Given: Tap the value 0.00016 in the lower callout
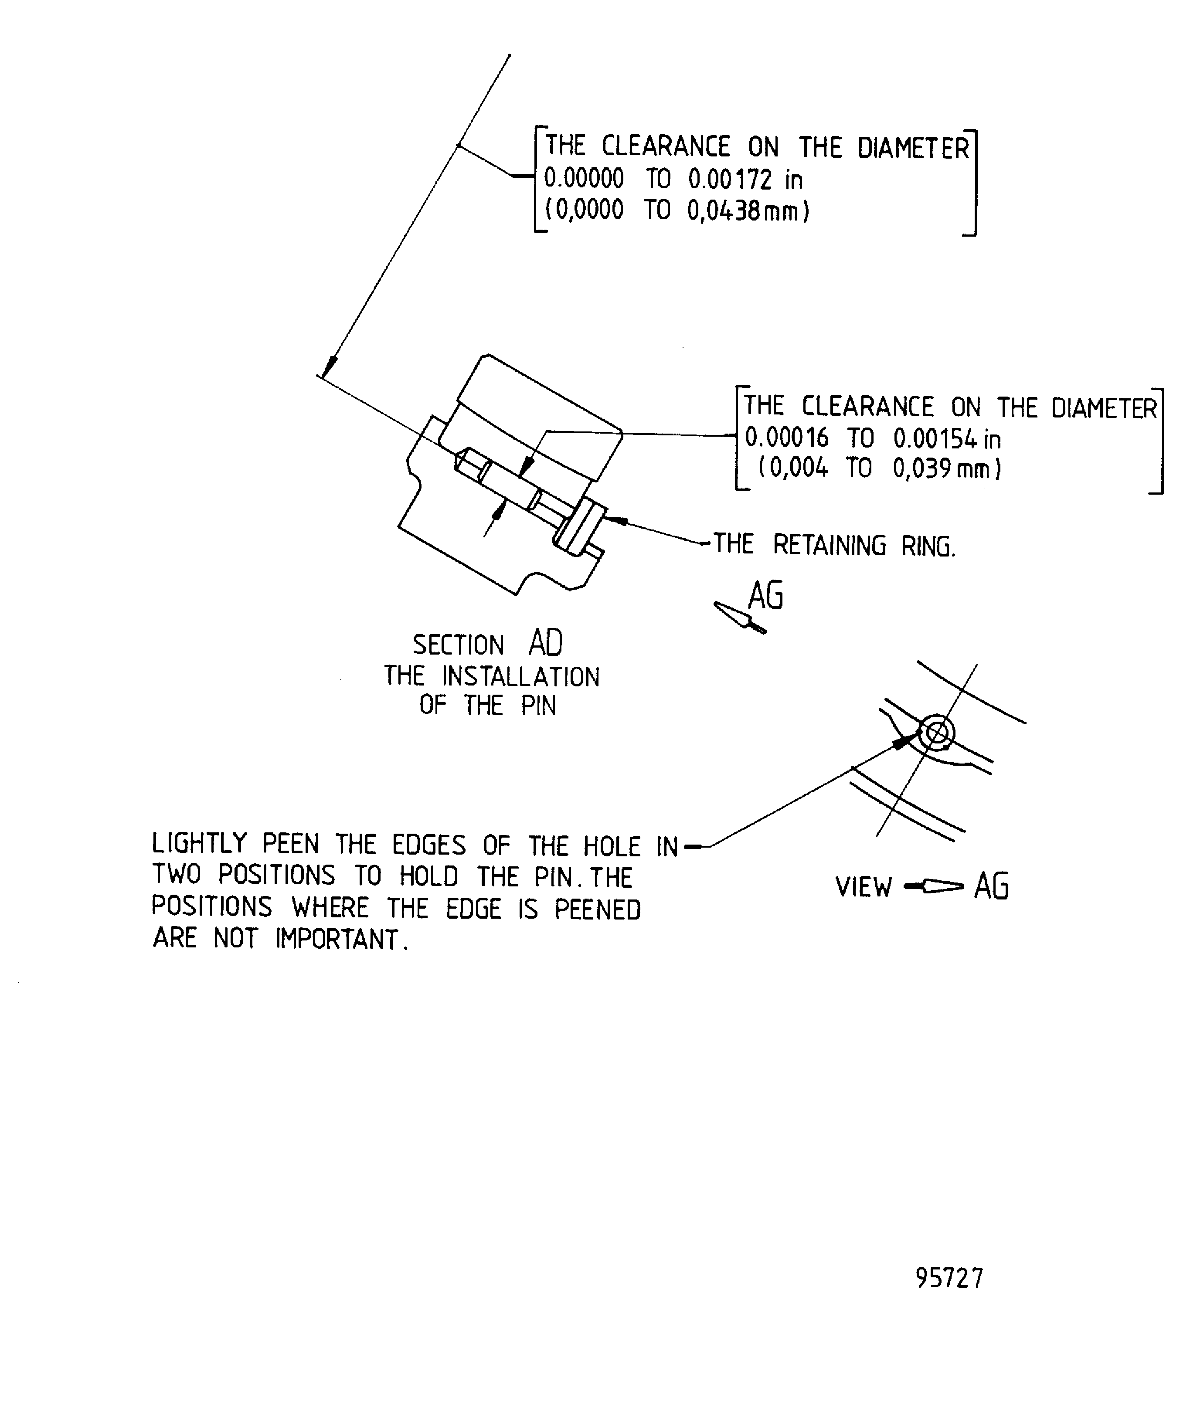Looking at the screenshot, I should click(786, 438).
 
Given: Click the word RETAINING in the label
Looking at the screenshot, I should click(829, 545).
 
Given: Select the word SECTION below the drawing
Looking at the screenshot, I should click(459, 645).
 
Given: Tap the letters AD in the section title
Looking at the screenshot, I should click(545, 643).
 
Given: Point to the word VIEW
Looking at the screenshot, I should click(864, 887).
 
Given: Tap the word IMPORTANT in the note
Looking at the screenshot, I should click(337, 939).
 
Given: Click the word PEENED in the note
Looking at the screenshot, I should click(597, 910).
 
